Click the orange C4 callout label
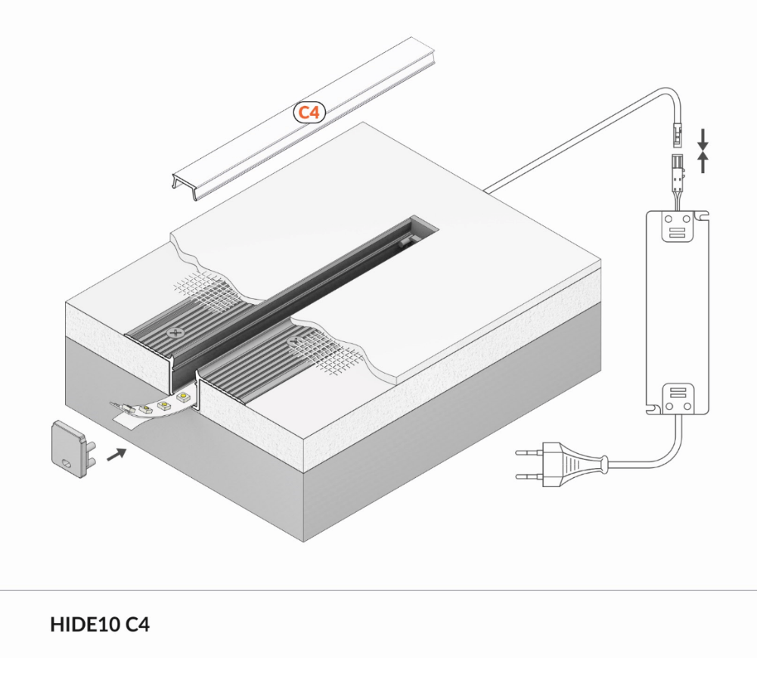click(x=309, y=113)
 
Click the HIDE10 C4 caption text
click(x=100, y=625)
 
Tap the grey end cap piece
click(x=73, y=449)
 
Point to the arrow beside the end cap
click(x=116, y=455)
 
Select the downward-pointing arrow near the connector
click(x=703, y=139)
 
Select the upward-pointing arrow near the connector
click(x=703, y=163)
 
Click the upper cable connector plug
click(x=678, y=135)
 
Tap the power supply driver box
click(x=678, y=312)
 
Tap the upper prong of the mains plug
click(x=529, y=453)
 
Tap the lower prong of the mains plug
click(x=529, y=477)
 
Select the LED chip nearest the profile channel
click(x=183, y=397)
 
